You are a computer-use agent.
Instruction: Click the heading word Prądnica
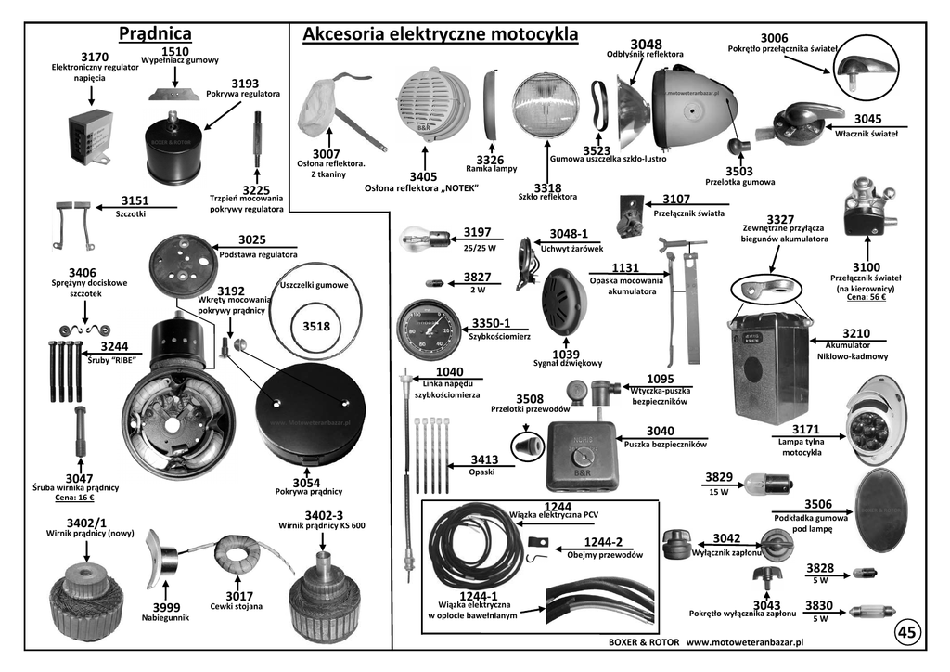tap(155, 34)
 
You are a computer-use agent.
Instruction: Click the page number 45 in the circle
tap(906, 632)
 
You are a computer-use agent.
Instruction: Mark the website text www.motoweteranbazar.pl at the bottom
tap(744, 641)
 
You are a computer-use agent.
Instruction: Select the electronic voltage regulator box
tap(91, 136)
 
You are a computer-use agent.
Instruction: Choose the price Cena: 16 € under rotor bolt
tap(78, 498)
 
